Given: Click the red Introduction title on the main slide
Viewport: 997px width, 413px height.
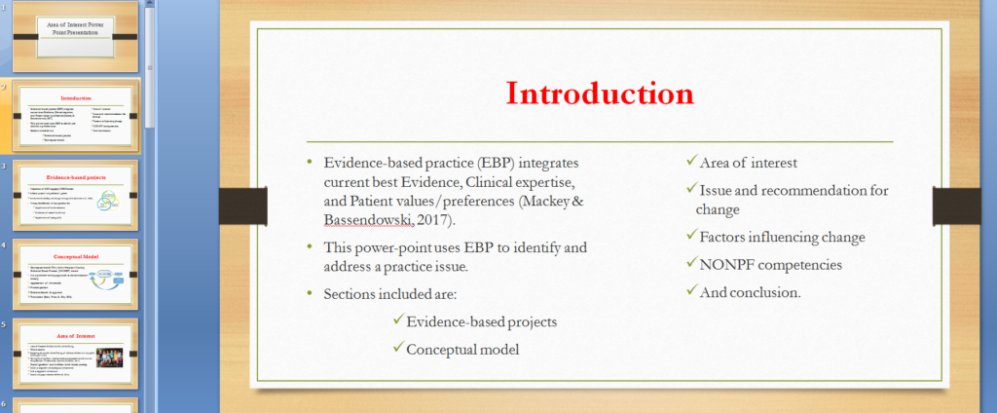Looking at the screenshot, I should coord(600,94).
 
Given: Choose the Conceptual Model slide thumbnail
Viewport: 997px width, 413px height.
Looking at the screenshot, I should coord(77,276).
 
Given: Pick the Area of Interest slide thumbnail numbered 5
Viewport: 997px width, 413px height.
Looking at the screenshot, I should coord(77,355).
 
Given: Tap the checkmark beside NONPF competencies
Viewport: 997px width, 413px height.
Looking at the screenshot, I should coord(690,263).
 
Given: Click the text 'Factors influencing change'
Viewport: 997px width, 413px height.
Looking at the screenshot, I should coord(782,237).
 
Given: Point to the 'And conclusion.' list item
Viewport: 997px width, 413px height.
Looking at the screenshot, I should coord(750,291).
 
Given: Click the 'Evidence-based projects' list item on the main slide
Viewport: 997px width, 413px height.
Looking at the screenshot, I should coord(482,321).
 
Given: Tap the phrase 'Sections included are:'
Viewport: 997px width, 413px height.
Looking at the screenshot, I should coord(396,293).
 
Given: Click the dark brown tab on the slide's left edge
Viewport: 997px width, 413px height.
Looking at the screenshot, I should coord(234,203).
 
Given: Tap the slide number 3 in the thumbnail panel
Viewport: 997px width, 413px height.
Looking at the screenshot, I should coord(5,167).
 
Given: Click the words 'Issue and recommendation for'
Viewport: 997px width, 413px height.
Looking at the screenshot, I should coord(794,190).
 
